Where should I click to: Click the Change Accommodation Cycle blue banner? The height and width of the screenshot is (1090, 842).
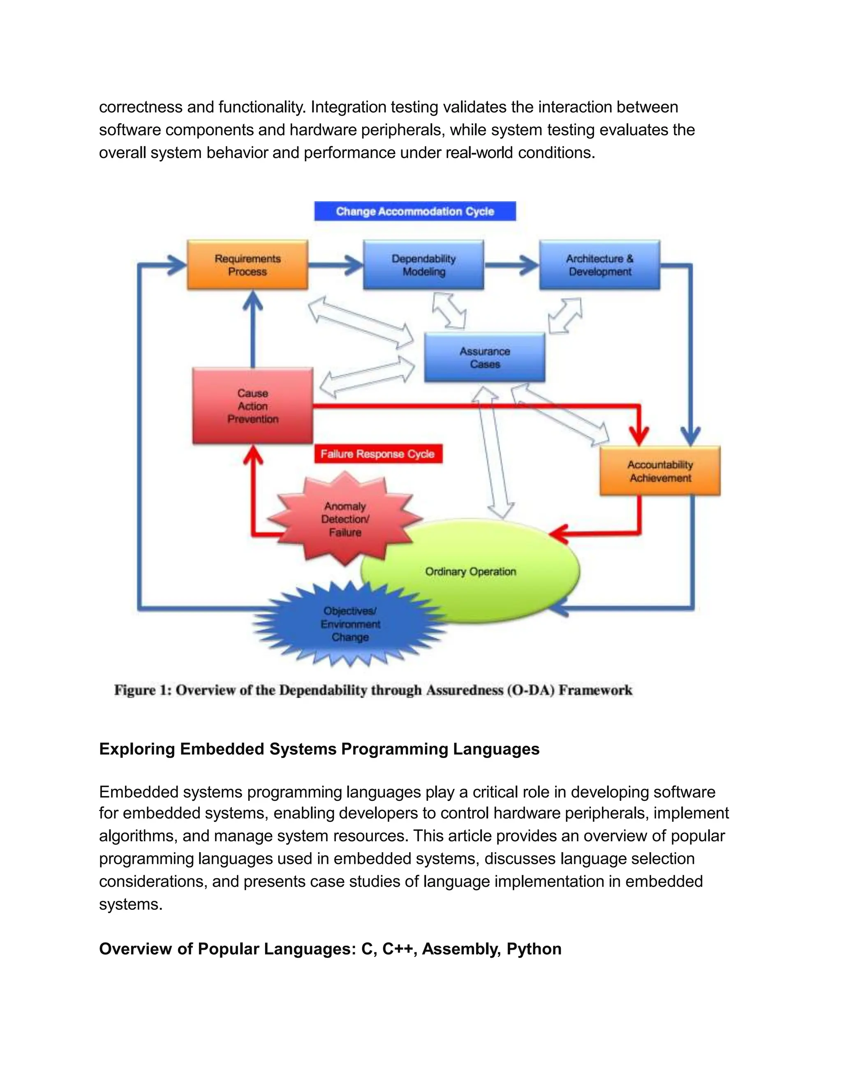click(x=414, y=211)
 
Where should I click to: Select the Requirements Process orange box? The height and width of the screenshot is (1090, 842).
click(x=248, y=265)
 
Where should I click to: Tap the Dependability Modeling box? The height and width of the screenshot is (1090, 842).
click(x=423, y=265)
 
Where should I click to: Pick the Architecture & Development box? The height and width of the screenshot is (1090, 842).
click(x=599, y=265)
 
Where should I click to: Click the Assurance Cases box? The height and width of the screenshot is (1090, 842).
click(x=484, y=357)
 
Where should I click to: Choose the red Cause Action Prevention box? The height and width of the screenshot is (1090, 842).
click(x=252, y=406)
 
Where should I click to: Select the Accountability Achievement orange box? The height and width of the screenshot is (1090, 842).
click(x=659, y=471)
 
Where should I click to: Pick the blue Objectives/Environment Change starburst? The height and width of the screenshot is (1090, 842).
click(x=350, y=624)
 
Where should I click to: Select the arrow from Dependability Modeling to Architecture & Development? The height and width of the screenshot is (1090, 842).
click(x=511, y=265)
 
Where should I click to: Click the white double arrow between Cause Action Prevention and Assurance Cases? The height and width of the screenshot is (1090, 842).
click(x=367, y=376)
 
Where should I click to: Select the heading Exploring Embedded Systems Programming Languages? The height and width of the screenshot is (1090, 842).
click(x=319, y=749)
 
